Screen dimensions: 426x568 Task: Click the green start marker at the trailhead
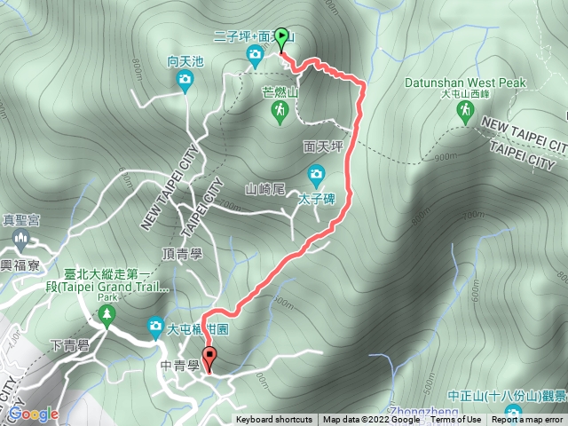coord(282,38)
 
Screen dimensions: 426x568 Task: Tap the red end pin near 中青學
coord(209,359)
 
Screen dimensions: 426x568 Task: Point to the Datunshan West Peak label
coord(465,83)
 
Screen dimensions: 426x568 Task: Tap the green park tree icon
coord(106,314)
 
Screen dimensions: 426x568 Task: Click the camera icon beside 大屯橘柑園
coord(156,328)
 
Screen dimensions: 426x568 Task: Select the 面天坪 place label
coord(322,146)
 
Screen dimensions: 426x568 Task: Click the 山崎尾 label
coord(265,189)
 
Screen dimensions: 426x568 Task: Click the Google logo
coord(33,414)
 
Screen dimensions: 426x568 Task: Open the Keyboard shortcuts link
coord(273,420)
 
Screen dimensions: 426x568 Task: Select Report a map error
coord(529,420)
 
